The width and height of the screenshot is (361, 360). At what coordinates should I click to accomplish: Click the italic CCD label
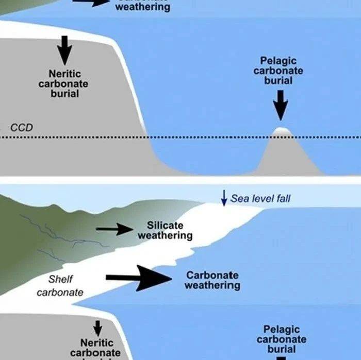pos(22,127)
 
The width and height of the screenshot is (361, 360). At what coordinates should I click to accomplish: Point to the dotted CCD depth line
pos(206,137)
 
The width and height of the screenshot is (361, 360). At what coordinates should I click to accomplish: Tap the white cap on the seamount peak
pos(280,131)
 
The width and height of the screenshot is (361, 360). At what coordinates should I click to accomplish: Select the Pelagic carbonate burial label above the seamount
pos(278,71)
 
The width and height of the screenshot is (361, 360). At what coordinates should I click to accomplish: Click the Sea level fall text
pos(260,198)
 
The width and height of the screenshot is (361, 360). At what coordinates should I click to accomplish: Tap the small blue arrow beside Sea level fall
pos(224,198)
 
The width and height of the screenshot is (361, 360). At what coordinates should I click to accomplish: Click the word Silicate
pos(165,226)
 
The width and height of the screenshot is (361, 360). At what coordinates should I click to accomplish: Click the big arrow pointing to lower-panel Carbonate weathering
pos(139,279)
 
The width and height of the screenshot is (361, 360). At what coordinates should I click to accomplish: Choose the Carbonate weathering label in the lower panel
pos(212,280)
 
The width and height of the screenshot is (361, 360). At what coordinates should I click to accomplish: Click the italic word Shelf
pos(61,279)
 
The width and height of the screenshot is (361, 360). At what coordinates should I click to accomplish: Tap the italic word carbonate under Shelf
pos(60,293)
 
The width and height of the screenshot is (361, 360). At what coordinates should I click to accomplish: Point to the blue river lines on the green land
pos(52,232)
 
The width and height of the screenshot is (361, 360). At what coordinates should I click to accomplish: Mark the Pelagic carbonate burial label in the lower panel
pos(282,339)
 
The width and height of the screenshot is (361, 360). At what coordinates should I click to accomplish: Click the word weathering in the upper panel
pos(142,8)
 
